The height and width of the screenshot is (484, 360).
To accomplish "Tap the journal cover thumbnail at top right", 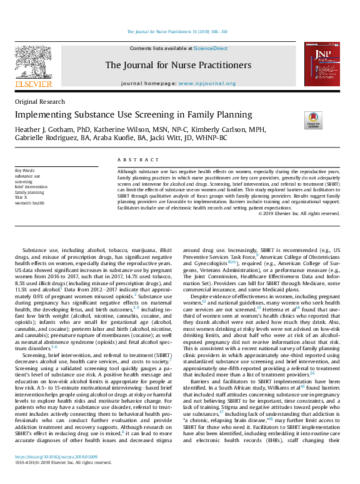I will click(320, 64).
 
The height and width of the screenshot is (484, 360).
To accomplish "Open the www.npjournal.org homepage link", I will click(207, 83).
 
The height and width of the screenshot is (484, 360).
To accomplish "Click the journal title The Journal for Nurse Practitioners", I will click(178, 65).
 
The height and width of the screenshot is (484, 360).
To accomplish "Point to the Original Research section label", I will click(39, 102).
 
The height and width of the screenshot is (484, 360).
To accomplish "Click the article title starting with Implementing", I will click(133, 114).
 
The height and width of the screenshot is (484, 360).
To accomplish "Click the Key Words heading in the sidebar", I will click(25, 170).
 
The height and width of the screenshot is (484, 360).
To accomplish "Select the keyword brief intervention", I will click(32, 186).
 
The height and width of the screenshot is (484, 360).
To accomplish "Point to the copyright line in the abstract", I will click(299, 213).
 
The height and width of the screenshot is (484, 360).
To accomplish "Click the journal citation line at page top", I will click(177, 31).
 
